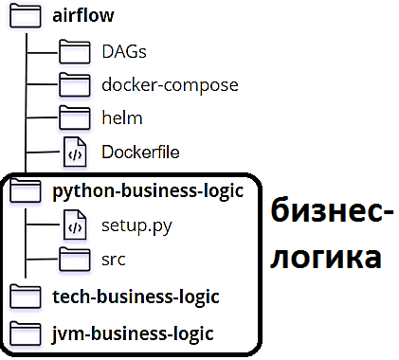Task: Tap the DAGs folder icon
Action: point(73,51)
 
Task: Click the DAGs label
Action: point(124,51)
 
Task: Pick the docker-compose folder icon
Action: point(73,85)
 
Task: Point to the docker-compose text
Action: point(170,85)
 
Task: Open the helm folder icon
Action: point(73,118)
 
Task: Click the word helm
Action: point(122,118)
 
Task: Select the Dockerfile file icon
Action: point(74,152)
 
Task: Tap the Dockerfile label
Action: point(141,152)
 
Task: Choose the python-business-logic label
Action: point(149,191)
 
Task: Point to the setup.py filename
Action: point(136,226)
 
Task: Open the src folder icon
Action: point(73,259)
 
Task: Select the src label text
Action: point(114,259)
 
